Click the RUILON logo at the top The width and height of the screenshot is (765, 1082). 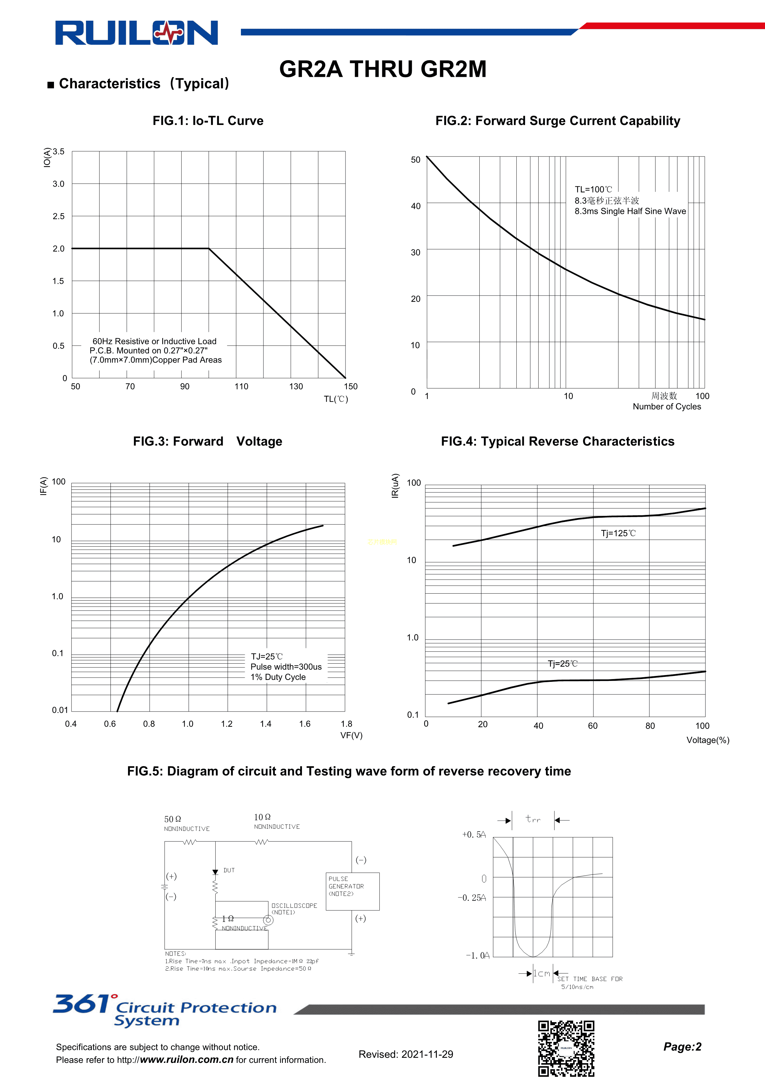[x=137, y=33]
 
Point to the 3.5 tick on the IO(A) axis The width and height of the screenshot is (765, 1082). [x=58, y=152]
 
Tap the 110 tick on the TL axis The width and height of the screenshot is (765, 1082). [x=241, y=386]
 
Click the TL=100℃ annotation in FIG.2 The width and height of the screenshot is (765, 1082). [x=593, y=189]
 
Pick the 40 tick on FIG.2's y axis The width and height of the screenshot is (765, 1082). [x=416, y=206]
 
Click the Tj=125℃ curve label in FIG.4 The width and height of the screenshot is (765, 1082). [x=618, y=533]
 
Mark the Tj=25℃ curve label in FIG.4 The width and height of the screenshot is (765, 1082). [x=562, y=664]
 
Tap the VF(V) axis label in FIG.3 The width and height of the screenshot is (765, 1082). [x=351, y=735]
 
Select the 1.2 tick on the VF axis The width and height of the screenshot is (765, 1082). [x=227, y=724]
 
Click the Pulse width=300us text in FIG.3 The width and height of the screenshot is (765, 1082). [x=286, y=667]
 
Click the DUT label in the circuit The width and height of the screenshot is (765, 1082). [x=229, y=870]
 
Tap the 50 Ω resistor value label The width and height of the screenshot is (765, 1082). [x=172, y=819]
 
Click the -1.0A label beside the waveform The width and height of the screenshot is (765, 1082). [x=478, y=955]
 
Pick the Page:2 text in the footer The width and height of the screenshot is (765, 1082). [x=682, y=1047]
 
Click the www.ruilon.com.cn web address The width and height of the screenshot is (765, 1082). [x=187, y=1060]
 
